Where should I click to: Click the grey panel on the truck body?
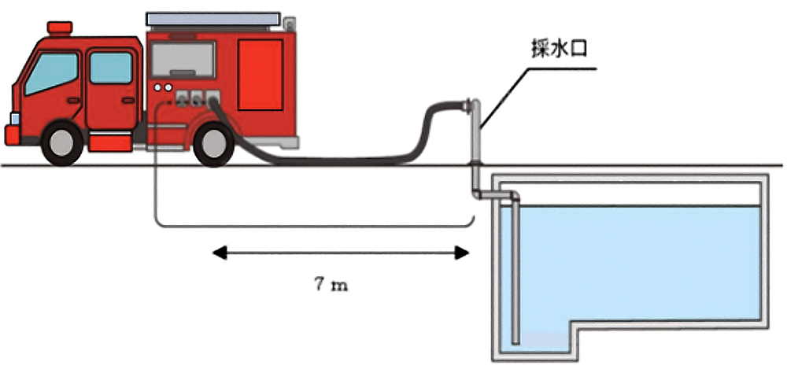tap(182, 60)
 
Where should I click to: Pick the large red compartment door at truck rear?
tap(260, 75)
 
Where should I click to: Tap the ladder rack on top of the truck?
tap(212, 17)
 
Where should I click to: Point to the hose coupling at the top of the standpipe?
tap(470, 106)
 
